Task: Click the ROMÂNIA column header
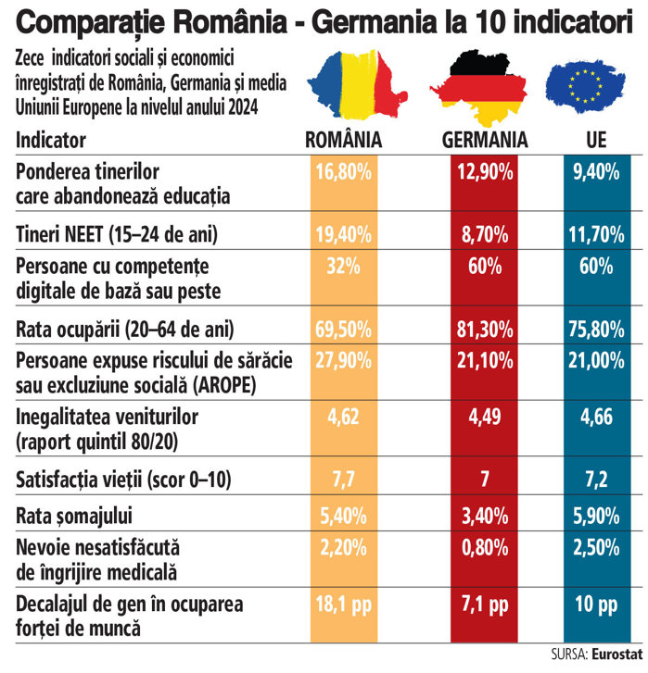[x=345, y=141]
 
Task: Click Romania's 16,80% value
[x=343, y=171]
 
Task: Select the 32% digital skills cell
[x=343, y=267]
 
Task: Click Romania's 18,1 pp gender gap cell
[x=343, y=604]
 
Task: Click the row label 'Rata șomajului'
[x=71, y=512]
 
